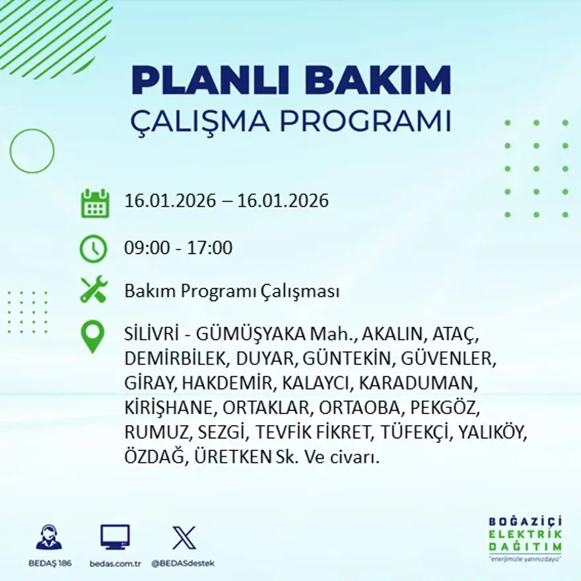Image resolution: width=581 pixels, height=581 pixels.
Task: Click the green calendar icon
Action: click(94, 203)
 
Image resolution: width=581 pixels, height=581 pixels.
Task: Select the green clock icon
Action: click(93, 249)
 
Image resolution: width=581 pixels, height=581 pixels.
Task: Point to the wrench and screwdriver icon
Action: click(94, 290)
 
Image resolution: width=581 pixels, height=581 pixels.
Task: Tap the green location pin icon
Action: click(92, 336)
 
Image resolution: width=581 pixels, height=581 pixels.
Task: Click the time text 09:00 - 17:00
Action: click(178, 248)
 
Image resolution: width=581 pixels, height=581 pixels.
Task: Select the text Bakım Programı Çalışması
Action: click(232, 291)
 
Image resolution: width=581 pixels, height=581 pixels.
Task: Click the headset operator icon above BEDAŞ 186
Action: click(49, 537)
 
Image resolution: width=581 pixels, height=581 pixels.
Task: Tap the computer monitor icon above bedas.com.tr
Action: click(115, 537)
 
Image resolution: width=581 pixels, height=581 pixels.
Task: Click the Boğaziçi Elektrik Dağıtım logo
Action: click(525, 537)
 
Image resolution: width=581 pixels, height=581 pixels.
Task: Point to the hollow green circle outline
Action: click(32, 151)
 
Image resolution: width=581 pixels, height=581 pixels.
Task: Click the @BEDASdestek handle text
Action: click(183, 563)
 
